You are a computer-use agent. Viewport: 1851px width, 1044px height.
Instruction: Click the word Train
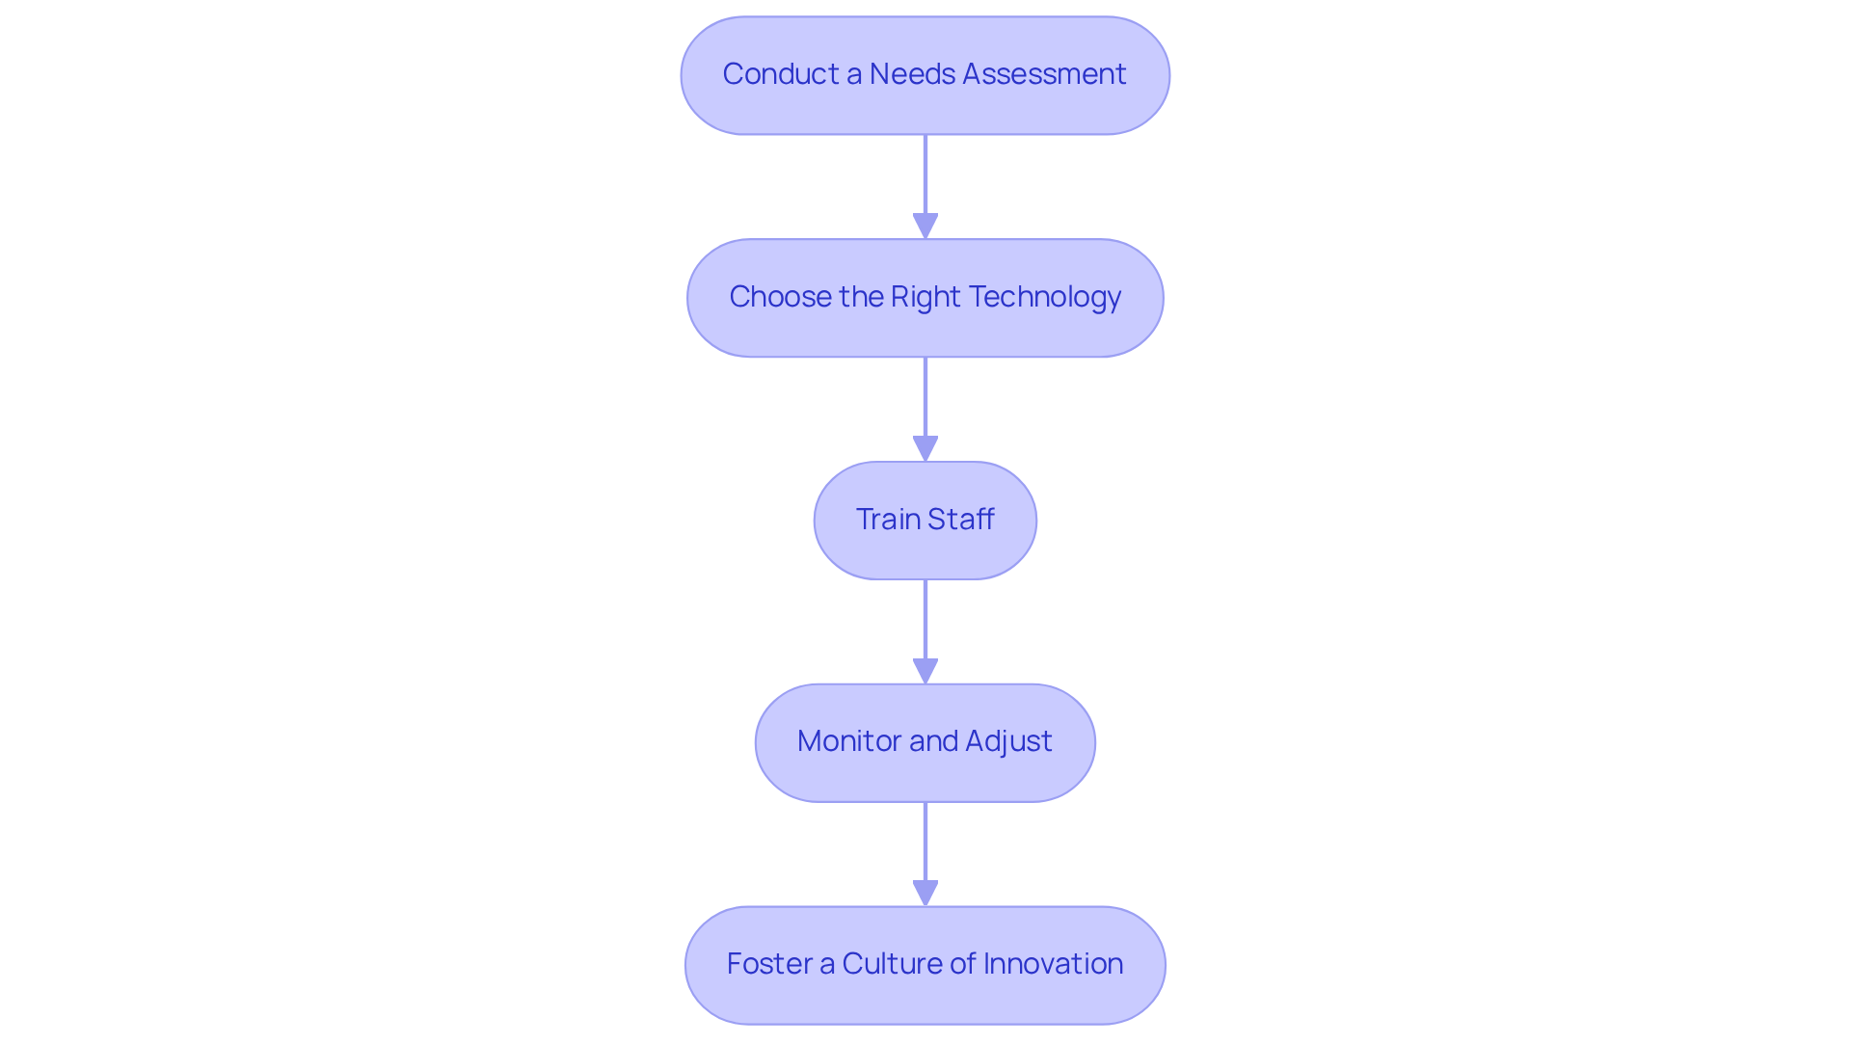click(887, 520)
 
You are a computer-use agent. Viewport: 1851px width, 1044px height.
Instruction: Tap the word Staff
click(960, 520)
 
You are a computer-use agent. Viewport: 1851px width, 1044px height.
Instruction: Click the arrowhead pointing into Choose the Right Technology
click(925, 226)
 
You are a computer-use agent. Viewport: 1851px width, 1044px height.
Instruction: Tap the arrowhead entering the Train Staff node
click(925, 448)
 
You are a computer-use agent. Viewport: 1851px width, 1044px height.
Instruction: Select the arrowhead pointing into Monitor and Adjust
click(925, 671)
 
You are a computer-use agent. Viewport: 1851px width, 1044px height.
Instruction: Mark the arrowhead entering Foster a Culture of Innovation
click(925, 893)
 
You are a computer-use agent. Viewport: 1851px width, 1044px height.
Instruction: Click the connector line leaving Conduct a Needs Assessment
click(925, 174)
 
